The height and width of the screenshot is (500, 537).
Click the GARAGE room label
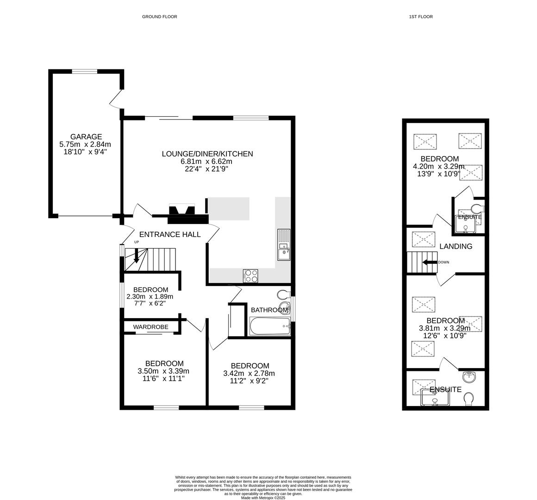[x=86, y=137]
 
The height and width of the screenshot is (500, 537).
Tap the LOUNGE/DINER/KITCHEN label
[x=207, y=154]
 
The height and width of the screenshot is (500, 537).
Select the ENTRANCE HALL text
[x=170, y=235]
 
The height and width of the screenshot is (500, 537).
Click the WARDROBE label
[x=151, y=327]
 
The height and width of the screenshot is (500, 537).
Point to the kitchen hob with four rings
[x=251, y=276]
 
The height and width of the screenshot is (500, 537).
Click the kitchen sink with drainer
[x=284, y=244]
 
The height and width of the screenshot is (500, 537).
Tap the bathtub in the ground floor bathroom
[x=270, y=326]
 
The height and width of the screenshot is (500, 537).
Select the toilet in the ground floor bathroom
[x=284, y=294]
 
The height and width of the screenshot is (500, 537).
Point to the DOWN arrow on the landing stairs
[x=430, y=262]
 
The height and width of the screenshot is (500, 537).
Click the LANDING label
[x=456, y=246]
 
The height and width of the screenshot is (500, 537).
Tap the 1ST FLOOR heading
[x=421, y=17]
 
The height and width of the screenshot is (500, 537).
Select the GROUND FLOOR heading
[x=160, y=17]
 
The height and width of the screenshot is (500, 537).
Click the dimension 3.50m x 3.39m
[x=163, y=371]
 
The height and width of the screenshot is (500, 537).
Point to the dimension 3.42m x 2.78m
[x=249, y=373]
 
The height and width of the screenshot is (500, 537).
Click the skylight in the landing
[x=424, y=239]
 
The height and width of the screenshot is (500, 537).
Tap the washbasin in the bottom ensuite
[x=469, y=377]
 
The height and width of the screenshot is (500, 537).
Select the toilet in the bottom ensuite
[x=468, y=399]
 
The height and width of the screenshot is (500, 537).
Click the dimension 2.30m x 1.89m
[x=150, y=297]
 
